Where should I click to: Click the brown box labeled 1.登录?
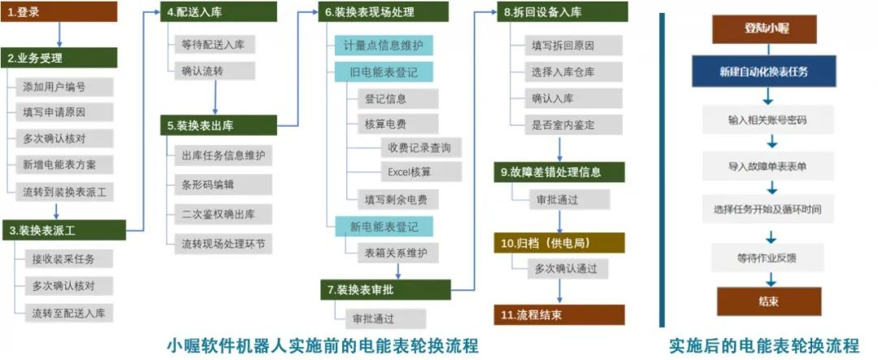(x=59, y=11)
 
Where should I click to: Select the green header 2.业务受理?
(x=59, y=58)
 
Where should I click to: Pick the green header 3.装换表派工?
(x=63, y=230)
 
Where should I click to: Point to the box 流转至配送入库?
(x=69, y=312)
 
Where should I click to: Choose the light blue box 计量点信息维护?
(x=384, y=46)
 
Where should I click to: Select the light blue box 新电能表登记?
(x=384, y=226)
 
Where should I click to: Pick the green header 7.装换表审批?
(x=385, y=289)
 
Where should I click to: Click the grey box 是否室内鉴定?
(x=573, y=124)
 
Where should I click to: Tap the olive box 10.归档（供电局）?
(x=559, y=243)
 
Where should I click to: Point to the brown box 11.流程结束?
(x=559, y=314)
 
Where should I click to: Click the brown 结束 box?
(x=769, y=301)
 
